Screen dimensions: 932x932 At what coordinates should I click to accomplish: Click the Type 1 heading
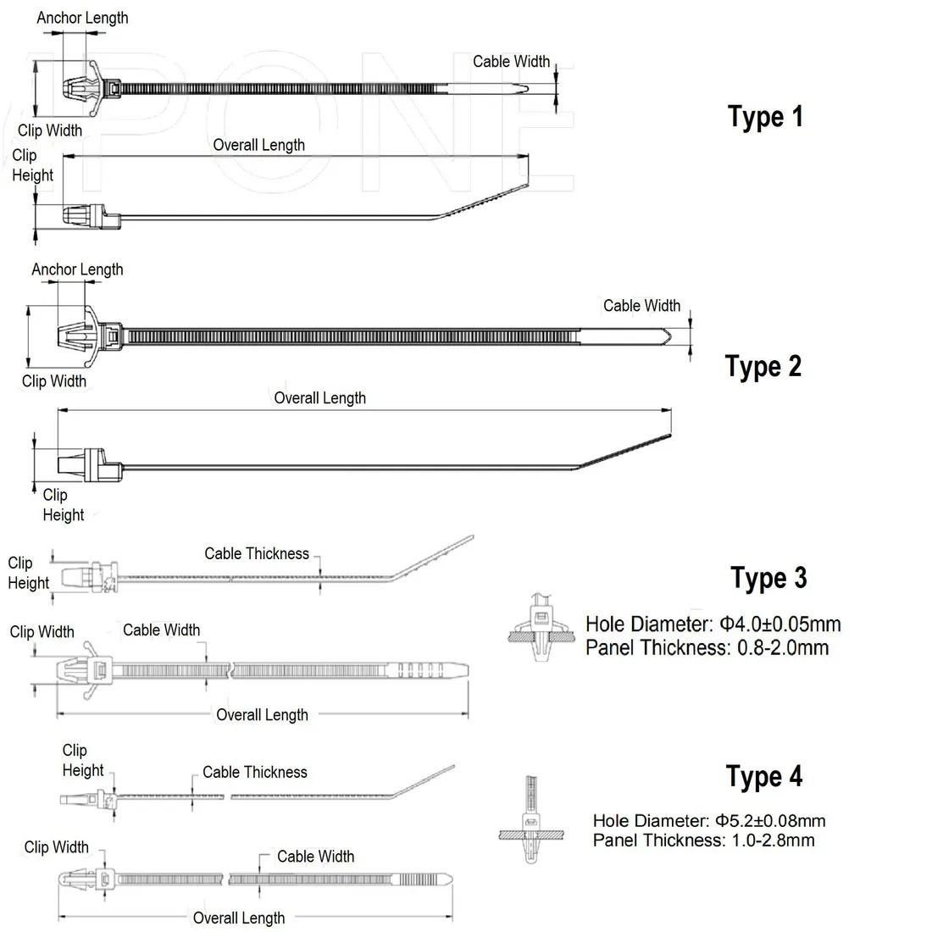click(765, 116)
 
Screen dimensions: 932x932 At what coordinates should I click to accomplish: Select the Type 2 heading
click(763, 366)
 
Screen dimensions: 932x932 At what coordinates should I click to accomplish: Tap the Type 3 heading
click(768, 578)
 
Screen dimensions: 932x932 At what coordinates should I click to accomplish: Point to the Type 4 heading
click(763, 776)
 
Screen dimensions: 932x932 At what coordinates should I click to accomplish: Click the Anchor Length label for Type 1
click(82, 18)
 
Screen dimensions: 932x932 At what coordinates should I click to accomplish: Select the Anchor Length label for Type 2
click(77, 269)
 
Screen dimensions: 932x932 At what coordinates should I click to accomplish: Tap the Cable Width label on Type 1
click(511, 61)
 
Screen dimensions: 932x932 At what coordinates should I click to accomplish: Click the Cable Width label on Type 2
click(641, 305)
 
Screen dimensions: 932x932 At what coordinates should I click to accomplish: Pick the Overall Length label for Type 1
click(258, 145)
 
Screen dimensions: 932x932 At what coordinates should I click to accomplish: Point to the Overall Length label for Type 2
click(319, 397)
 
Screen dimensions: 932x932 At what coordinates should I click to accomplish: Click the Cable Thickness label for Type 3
click(257, 553)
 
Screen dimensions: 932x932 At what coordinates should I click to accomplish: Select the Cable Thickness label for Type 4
click(254, 772)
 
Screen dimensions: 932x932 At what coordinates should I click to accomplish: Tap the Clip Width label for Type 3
click(42, 631)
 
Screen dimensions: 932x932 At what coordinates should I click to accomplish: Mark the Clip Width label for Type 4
click(56, 846)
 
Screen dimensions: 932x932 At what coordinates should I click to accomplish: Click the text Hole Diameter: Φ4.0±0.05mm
click(713, 625)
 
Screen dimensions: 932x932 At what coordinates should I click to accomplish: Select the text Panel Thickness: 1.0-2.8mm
click(703, 840)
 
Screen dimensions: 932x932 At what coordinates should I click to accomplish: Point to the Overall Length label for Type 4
click(239, 918)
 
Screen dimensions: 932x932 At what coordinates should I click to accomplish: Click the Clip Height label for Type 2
click(63, 504)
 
